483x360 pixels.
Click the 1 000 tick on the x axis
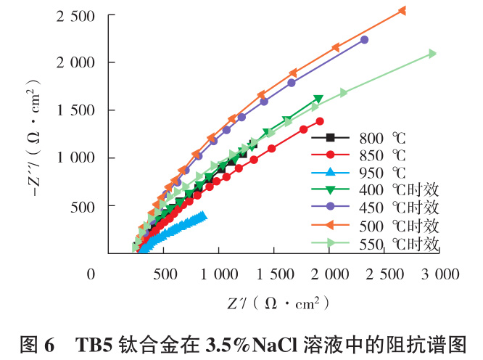(x=219, y=274)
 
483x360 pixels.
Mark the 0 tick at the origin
(x=91, y=274)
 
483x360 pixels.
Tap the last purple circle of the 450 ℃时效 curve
(x=364, y=40)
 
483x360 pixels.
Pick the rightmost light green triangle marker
(x=432, y=53)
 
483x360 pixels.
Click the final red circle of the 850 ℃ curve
(x=320, y=121)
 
